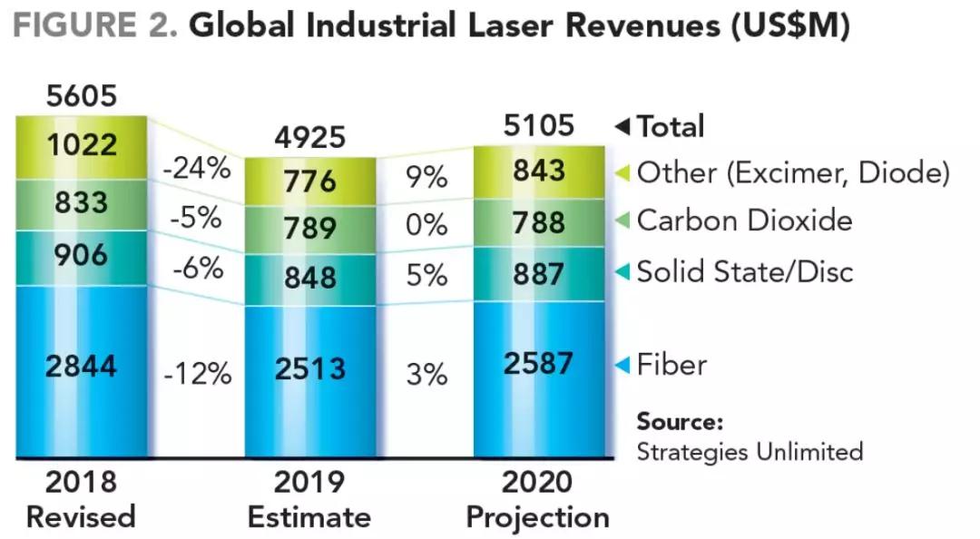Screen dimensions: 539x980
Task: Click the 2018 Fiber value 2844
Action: [81, 367]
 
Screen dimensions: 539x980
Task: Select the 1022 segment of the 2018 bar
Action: [81, 145]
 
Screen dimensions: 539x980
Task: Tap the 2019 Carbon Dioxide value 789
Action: [309, 229]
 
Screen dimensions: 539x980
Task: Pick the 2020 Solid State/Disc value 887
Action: [538, 273]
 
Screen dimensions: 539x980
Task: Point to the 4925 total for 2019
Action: [309, 136]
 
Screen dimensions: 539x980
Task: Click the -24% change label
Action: [196, 169]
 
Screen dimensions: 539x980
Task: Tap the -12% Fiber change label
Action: [196, 373]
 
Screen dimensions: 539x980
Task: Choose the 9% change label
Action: [426, 177]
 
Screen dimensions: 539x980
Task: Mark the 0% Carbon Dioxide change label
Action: [426, 224]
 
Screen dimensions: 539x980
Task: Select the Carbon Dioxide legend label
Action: [744, 220]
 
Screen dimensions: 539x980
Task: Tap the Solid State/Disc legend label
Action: [745, 271]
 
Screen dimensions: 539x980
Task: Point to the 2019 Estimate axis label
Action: [309, 499]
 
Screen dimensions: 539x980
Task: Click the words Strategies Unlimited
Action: [750, 451]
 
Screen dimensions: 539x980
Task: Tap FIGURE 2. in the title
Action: [95, 26]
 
